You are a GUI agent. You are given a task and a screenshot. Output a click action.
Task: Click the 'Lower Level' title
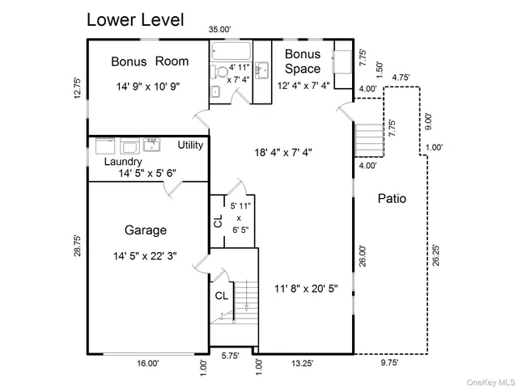click(x=135, y=19)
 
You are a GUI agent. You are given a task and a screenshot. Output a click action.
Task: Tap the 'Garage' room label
click(x=146, y=229)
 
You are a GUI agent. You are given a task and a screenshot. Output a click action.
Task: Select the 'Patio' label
click(x=392, y=198)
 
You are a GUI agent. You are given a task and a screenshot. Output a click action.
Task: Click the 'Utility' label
click(x=191, y=145)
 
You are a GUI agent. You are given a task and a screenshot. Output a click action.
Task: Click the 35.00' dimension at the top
click(x=220, y=30)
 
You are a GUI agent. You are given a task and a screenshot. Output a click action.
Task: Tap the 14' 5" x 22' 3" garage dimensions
click(x=146, y=256)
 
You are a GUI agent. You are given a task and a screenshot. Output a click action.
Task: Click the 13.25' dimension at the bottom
click(x=301, y=364)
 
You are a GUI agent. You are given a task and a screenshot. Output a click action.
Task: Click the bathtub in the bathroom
click(x=230, y=54)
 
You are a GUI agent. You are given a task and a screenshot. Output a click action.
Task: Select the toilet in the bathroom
click(x=220, y=72)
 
